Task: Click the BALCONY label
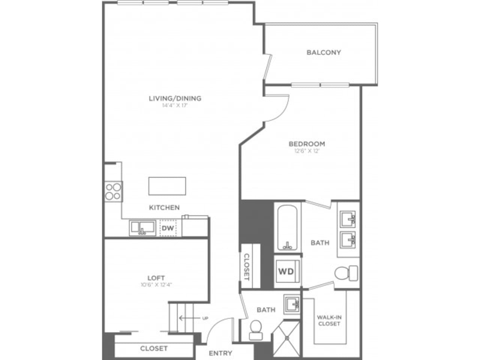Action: (x=324, y=52)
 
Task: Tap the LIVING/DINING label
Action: (x=175, y=99)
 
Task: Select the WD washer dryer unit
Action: (x=286, y=271)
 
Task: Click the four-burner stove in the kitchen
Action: (x=113, y=191)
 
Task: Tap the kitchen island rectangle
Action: (x=167, y=186)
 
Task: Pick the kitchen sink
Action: (x=142, y=228)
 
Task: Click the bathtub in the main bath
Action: (x=288, y=228)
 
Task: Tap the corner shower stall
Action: (x=286, y=338)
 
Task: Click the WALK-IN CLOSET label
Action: (x=329, y=320)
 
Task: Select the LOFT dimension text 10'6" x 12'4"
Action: (x=156, y=285)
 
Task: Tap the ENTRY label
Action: (x=220, y=353)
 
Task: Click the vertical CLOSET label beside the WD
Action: (x=247, y=267)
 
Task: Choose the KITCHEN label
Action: (x=164, y=207)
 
